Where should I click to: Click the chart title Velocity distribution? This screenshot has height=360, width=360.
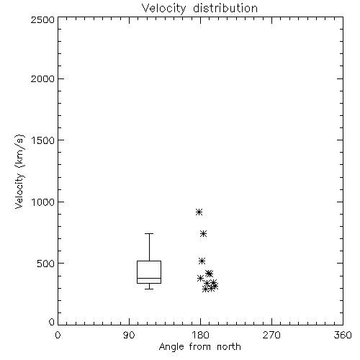pyautogui.click(x=199, y=8)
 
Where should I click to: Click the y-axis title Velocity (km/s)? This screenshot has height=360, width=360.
pyautogui.click(x=19, y=171)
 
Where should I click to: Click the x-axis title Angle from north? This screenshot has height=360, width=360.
pyautogui.click(x=199, y=347)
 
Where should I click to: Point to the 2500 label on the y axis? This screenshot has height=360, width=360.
pyautogui.click(x=42, y=19)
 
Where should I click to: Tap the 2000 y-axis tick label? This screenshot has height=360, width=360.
pyautogui.click(x=42, y=78)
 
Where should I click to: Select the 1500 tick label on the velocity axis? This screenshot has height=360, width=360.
pyautogui.click(x=43, y=140)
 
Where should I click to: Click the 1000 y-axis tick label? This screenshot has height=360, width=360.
pyautogui.click(x=43, y=202)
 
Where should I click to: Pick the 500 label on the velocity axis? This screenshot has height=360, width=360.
pyautogui.click(x=46, y=264)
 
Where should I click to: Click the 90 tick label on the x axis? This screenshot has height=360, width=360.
pyautogui.click(x=129, y=335)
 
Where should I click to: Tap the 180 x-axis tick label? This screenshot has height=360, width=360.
pyautogui.click(x=200, y=335)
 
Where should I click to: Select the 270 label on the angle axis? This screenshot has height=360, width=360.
pyautogui.click(x=271, y=335)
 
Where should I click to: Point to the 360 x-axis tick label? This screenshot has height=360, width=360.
pyautogui.click(x=343, y=335)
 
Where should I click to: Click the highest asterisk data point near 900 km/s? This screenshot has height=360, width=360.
pyautogui.click(x=199, y=212)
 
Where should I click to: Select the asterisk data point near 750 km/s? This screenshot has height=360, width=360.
pyautogui.click(x=203, y=233)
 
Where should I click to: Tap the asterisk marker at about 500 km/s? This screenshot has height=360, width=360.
pyautogui.click(x=202, y=261)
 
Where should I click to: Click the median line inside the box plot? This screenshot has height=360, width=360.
pyautogui.click(x=149, y=278)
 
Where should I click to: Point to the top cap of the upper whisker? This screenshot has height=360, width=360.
pyautogui.click(x=149, y=233)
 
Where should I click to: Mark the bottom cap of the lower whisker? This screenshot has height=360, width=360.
pyautogui.click(x=149, y=289)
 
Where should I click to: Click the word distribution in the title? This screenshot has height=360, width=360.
pyautogui.click(x=225, y=8)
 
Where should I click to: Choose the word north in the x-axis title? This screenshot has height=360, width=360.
pyautogui.click(x=229, y=347)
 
